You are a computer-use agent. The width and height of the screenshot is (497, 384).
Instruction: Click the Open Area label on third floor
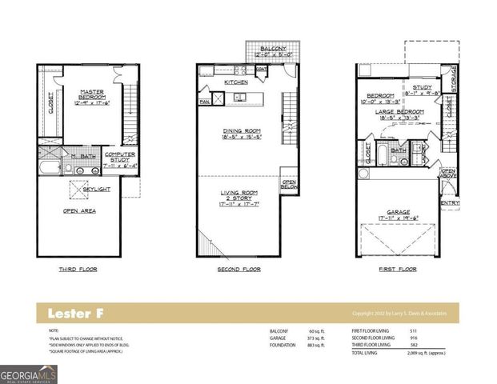(79, 212)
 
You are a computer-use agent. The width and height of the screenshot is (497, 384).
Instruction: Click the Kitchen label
(236, 82)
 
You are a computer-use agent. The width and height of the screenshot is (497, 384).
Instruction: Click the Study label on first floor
(422, 90)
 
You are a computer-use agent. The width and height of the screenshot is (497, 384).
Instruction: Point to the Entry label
(450, 202)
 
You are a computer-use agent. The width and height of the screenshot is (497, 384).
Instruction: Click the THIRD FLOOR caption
(78, 270)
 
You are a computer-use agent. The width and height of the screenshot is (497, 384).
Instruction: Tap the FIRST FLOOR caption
(397, 270)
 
